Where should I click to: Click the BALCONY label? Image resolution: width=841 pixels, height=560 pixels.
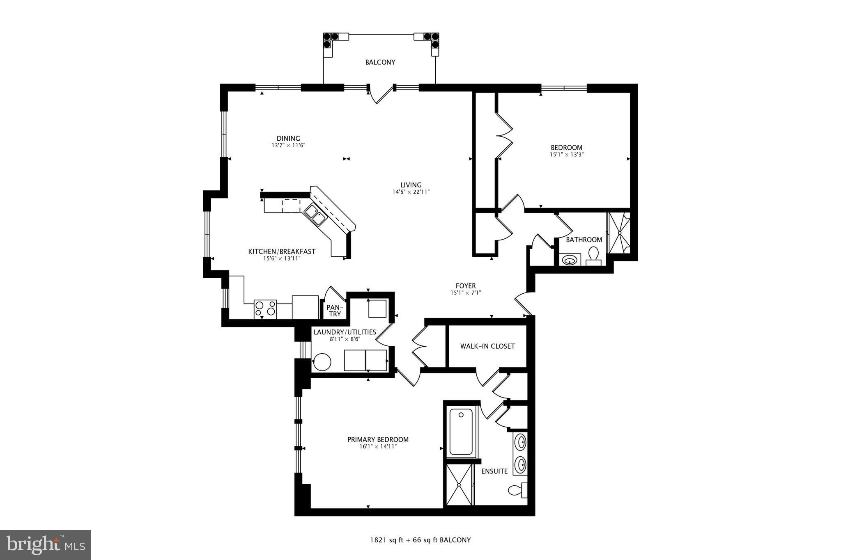(380, 62)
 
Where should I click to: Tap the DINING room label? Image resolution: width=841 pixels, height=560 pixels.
(288, 139)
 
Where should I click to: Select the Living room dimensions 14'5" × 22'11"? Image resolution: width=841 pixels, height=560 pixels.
(411, 192)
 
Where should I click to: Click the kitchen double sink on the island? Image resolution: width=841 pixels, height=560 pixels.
(315, 215)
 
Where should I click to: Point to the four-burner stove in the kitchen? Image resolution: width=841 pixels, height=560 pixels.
(265, 309)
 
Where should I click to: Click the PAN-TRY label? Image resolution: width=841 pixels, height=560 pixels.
(335, 311)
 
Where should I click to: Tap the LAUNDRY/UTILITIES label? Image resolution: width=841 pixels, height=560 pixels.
(345, 332)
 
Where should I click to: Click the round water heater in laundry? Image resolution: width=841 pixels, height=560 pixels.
(322, 362)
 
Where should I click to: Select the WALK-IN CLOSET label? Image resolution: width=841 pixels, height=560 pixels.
(487, 346)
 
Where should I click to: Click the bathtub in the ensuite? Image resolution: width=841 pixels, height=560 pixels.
(461, 432)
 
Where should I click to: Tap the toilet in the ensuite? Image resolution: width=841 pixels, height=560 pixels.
(517, 490)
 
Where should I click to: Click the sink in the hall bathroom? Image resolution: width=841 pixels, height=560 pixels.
(570, 260)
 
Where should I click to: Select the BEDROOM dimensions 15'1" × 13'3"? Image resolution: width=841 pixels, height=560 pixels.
(567, 155)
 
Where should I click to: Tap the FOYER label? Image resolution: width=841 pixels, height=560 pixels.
(466, 286)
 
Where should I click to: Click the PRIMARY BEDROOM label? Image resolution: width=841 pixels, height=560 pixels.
(378, 440)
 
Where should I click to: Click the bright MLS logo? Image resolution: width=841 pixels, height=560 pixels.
(46, 545)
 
